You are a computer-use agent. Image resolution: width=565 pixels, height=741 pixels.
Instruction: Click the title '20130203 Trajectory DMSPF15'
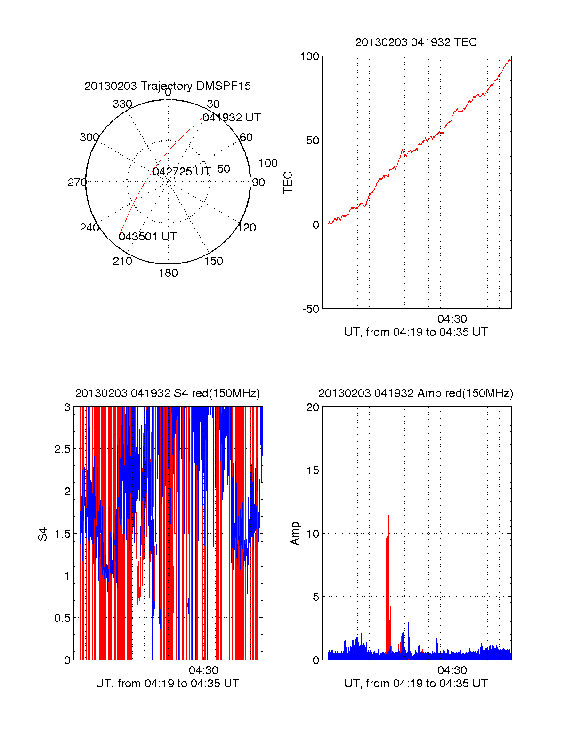coord(168,86)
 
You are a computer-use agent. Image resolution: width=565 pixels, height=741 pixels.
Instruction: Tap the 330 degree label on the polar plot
coord(122,104)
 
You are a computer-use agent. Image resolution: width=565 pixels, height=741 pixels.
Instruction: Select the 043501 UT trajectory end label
coord(148,236)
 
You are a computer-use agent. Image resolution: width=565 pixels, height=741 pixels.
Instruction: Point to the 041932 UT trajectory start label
coord(232,118)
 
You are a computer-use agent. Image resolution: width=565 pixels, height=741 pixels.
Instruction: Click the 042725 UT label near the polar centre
coord(182,172)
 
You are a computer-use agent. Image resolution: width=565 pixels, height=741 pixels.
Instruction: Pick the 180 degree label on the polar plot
coord(168,273)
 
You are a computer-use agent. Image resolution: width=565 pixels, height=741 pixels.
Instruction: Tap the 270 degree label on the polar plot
coord(77,183)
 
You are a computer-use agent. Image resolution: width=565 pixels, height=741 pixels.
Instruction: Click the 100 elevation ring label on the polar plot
coord(268,163)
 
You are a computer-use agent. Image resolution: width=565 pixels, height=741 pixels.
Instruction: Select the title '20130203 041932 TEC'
coord(416,42)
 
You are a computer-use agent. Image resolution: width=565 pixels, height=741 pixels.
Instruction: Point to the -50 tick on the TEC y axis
coord(311,309)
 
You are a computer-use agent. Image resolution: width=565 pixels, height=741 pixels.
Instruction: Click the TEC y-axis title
coord(288,183)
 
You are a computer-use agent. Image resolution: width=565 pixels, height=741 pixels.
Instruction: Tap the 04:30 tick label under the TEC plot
coord(452,319)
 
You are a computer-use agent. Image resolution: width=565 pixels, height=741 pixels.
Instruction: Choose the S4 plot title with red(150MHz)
coord(168,393)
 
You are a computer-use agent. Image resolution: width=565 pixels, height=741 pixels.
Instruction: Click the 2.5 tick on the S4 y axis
coord(62,449)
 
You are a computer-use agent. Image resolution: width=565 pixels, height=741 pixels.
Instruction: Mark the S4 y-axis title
coord(43,534)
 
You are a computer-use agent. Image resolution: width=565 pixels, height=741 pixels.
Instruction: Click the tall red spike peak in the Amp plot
coord(388,516)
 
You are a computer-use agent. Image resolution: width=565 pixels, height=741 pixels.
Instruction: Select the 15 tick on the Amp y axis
coord(313,470)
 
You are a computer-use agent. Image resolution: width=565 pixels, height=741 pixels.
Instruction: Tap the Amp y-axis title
coord(295,534)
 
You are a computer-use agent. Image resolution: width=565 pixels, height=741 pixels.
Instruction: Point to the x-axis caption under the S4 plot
coord(168,684)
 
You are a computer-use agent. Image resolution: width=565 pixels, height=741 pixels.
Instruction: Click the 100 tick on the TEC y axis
coord(309,56)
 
